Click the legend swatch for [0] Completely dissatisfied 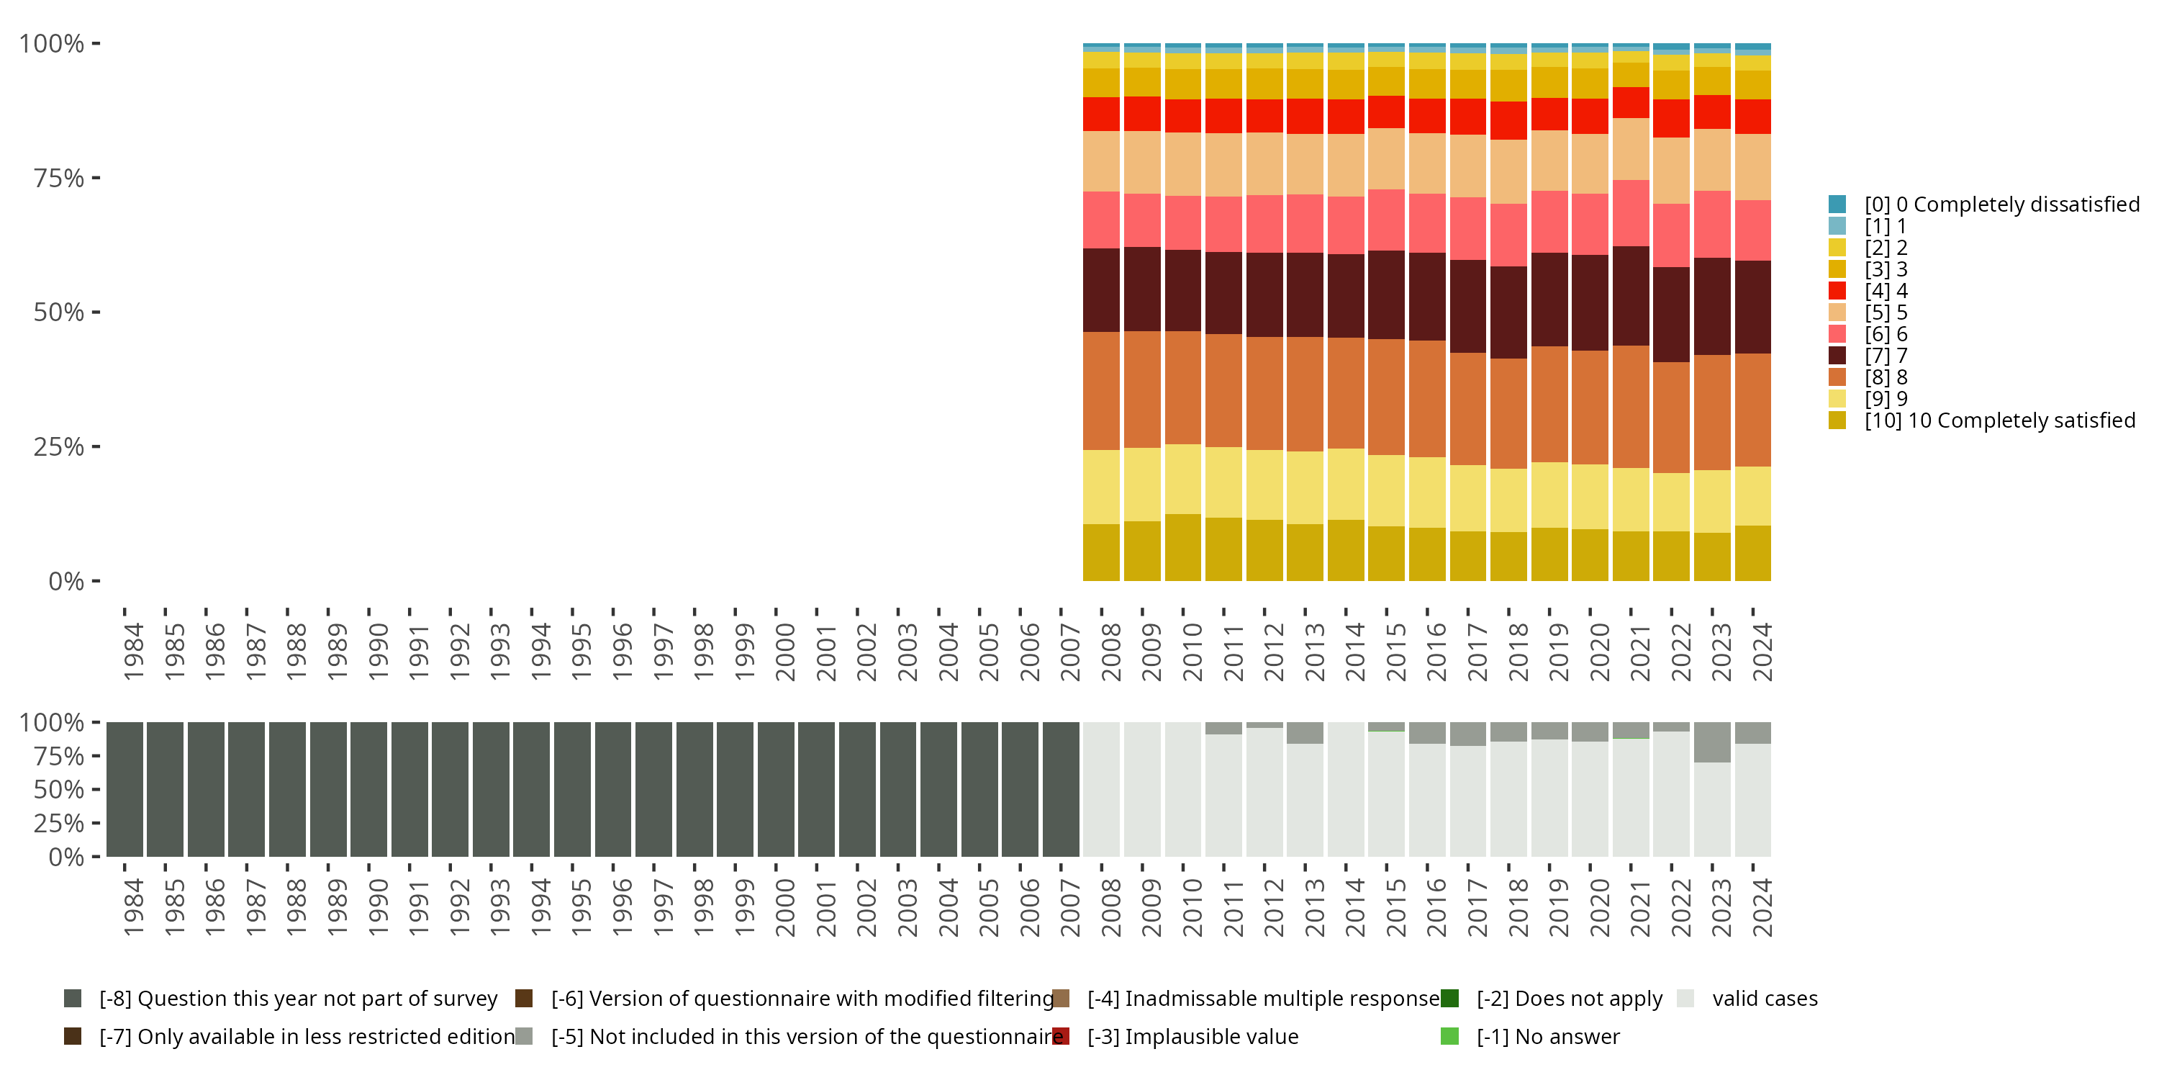pos(1837,204)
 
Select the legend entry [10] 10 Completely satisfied pos(2000,420)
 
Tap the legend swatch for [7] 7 pos(1837,356)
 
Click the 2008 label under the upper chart pos(1110,652)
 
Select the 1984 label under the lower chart pos(133,907)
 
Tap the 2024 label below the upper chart pos(1762,652)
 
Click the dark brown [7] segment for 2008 pos(1101,290)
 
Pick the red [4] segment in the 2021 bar pos(1631,102)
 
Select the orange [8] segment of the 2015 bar pos(1386,397)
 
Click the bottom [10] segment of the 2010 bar pos(1182,547)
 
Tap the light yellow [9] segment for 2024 pos(1752,495)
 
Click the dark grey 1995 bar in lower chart pos(572,789)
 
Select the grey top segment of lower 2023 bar pos(1712,742)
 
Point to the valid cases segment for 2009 pos(1142,789)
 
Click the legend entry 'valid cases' pos(1764,999)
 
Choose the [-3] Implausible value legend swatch pos(1061,1036)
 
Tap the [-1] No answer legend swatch pos(1450,1036)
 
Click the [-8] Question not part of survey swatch pos(73,999)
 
